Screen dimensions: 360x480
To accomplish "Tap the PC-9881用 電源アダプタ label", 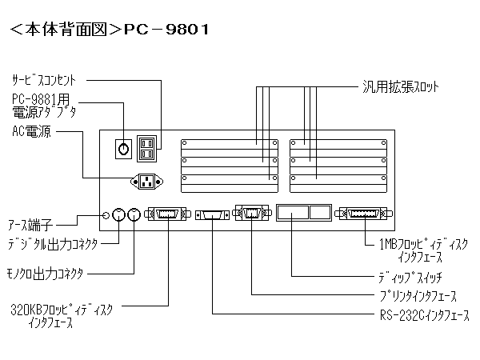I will (45, 106).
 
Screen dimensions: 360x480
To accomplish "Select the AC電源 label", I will (31, 132).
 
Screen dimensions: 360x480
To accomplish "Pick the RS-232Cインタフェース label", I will (424, 316).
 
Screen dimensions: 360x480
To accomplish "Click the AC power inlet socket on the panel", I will (146, 182).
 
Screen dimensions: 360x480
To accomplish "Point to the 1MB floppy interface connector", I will (365, 214).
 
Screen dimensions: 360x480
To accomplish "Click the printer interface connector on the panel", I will (250, 214).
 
